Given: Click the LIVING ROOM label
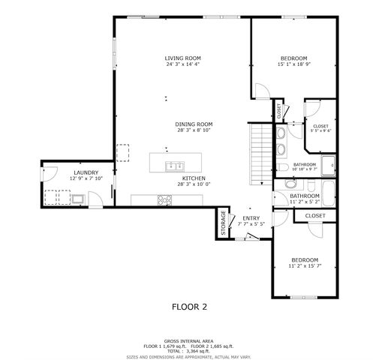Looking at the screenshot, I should click(x=183, y=58).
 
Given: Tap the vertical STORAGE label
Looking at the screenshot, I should click(x=223, y=223).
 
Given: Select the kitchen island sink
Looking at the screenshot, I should click(x=174, y=164).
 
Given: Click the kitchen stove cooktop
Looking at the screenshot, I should click(x=164, y=199).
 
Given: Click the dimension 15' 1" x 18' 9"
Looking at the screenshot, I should click(x=293, y=64).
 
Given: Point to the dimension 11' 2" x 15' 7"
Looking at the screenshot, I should click(x=304, y=266).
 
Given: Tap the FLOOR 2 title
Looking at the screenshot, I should click(x=189, y=307).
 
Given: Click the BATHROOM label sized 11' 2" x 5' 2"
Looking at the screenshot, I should click(x=305, y=196).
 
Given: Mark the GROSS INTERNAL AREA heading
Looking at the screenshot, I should click(x=189, y=340).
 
